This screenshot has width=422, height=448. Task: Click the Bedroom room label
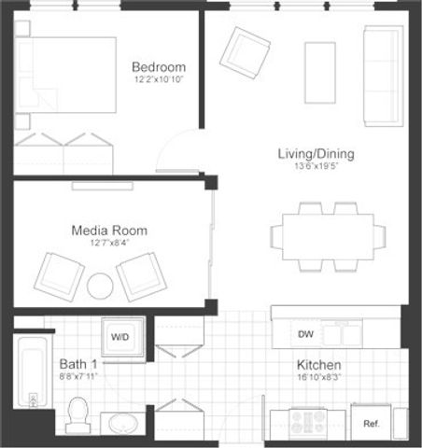[158, 67]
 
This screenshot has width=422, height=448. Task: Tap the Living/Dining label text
[316, 154]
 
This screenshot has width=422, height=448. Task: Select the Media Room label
[109, 231]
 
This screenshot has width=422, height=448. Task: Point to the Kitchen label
[318, 365]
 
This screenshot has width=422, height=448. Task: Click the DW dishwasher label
[305, 333]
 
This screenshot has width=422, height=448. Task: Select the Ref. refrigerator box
[371, 424]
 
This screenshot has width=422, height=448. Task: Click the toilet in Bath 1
[78, 413]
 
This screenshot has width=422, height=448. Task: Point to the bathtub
[30, 374]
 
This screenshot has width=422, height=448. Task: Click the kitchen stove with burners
[308, 423]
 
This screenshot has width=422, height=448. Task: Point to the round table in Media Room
[100, 286]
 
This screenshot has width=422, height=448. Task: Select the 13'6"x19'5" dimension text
[316, 169]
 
